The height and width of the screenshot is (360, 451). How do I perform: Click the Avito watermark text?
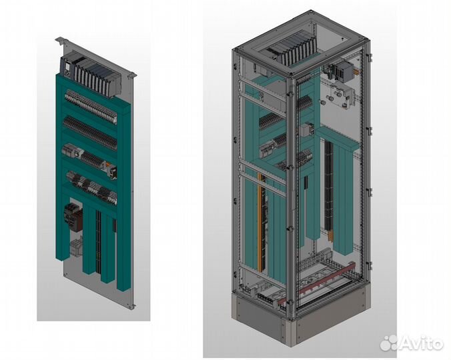coord(412,343)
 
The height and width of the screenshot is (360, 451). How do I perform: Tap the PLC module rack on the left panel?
coord(91,75)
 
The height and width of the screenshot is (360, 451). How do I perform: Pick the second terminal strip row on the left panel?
coord(90,132)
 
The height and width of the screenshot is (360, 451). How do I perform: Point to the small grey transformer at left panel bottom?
coord(76,247)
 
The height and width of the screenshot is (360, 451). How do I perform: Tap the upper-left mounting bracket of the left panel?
coord(61,41)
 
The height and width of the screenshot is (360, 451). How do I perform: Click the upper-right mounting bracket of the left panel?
coord(131,75)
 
